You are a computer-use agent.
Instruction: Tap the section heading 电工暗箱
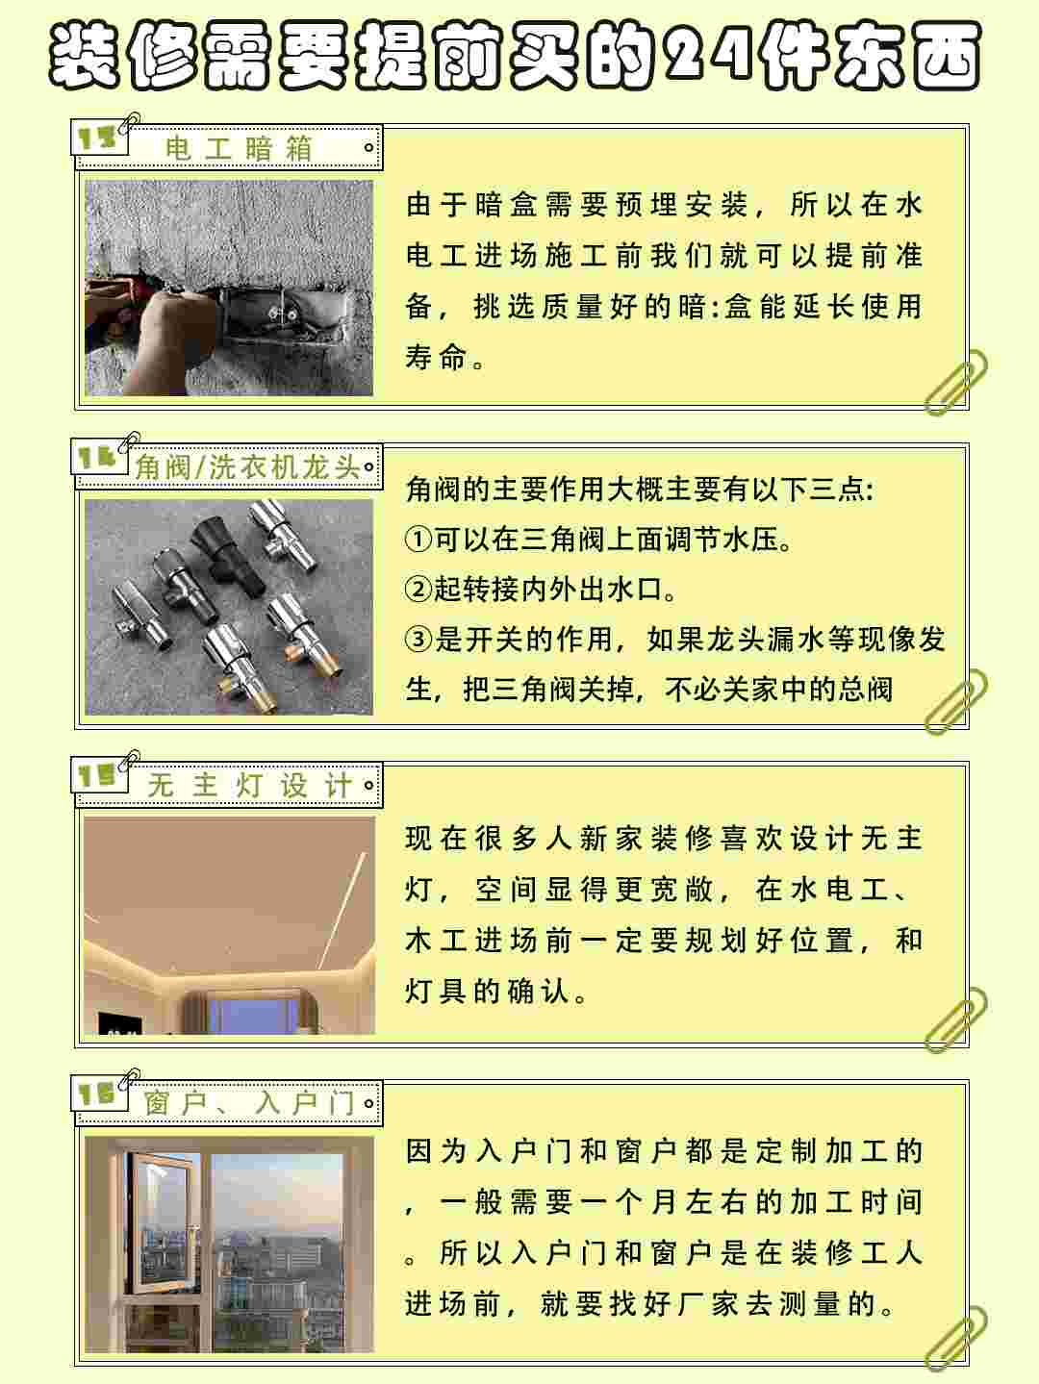pyautogui.click(x=239, y=148)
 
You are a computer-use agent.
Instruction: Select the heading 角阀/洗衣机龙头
pyautogui.click(x=247, y=467)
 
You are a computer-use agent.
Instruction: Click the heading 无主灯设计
pyautogui.click(x=250, y=786)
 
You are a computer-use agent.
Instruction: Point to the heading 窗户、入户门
pyautogui.click(x=250, y=1103)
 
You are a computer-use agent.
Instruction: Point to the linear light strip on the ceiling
pyautogui.click(x=342, y=910)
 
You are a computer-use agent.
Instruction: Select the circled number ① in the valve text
pyautogui.click(x=418, y=540)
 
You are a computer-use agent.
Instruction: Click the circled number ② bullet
pyautogui.click(x=418, y=590)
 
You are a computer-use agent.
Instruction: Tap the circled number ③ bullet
pyautogui.click(x=418, y=640)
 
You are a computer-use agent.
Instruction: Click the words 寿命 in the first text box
pyautogui.click(x=435, y=358)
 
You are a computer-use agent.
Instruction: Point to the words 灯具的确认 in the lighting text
pyautogui.click(x=488, y=992)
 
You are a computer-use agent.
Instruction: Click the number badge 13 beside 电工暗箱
pyautogui.click(x=96, y=138)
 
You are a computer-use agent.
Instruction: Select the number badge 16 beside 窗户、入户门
pyautogui.click(x=96, y=1094)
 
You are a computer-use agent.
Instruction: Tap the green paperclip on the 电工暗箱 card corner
pyautogui.click(x=956, y=382)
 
